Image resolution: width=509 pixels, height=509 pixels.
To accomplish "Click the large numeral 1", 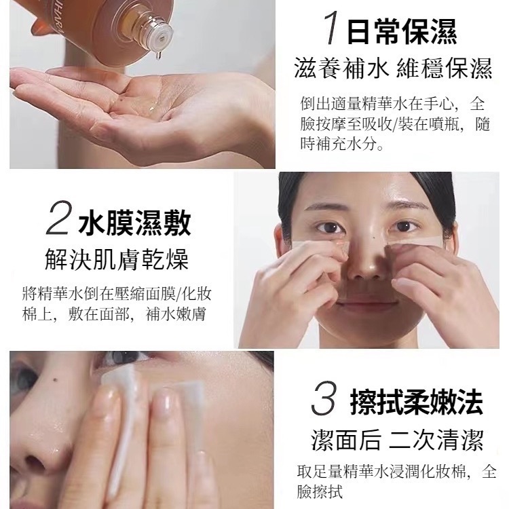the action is (332, 29).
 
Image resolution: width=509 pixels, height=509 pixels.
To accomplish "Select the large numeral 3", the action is (324, 398).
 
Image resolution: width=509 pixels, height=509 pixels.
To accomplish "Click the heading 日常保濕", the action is (402, 31).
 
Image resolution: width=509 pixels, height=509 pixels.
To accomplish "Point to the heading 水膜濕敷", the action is (134, 223).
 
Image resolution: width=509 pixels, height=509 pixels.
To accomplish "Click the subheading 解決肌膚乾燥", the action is (117, 260).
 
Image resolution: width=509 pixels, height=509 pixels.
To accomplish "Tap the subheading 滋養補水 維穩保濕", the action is (393, 69).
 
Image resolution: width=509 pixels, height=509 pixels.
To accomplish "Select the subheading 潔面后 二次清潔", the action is (397, 440).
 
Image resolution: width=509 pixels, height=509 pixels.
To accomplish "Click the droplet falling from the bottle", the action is (158, 56).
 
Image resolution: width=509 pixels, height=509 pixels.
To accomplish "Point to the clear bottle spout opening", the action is (162, 37).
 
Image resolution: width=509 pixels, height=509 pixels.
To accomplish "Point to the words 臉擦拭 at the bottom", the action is (320, 491).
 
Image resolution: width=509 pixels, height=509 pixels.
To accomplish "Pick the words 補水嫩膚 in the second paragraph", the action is (176, 314).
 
